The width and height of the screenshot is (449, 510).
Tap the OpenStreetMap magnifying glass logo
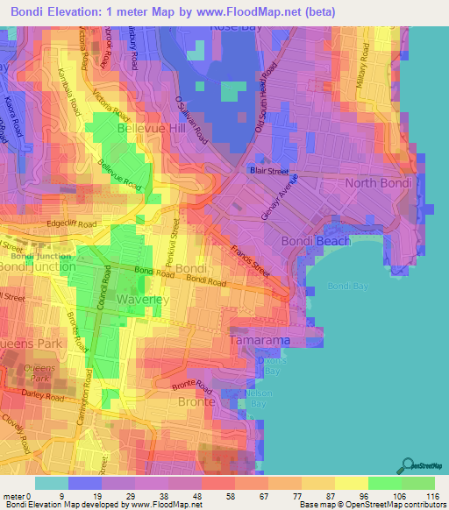[405, 466]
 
